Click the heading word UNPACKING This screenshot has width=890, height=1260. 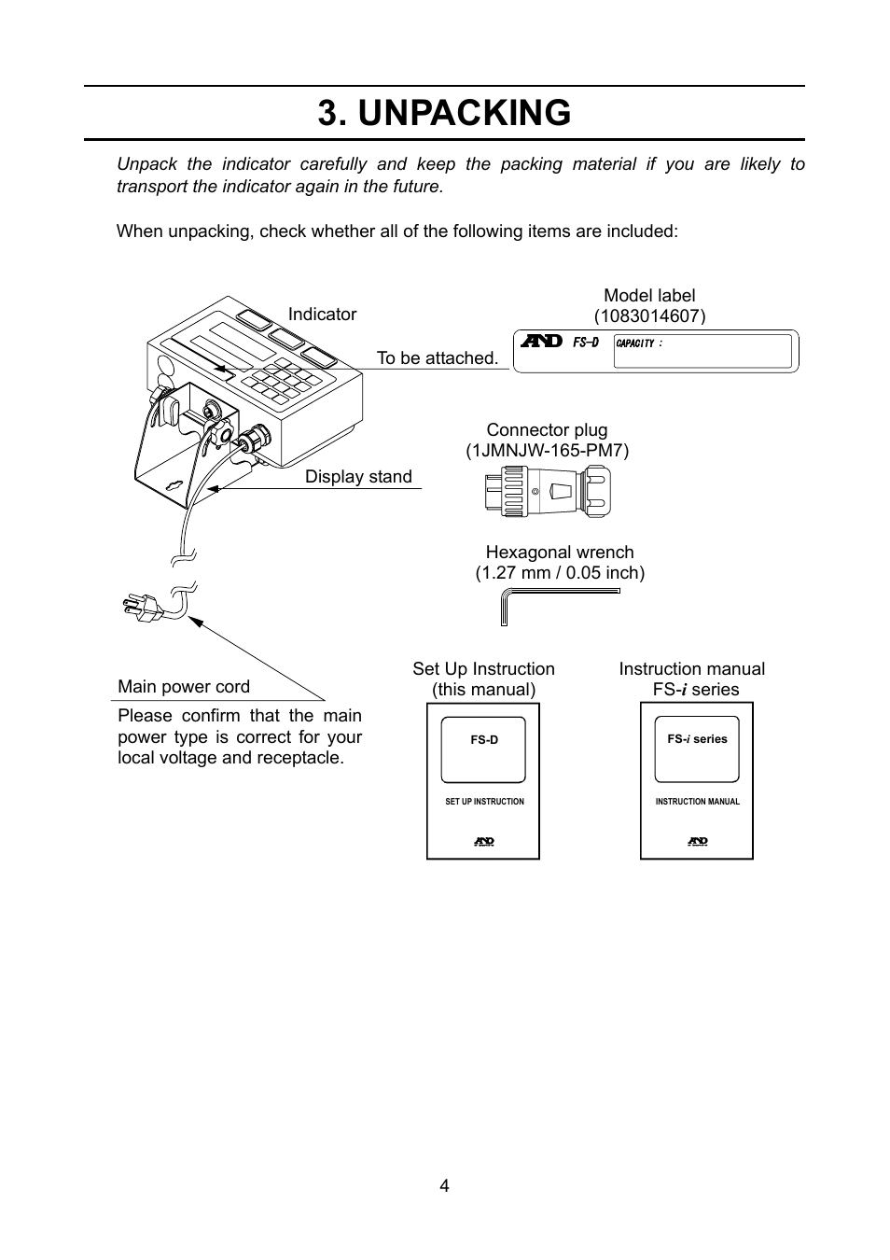[464, 113]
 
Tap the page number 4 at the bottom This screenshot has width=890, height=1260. [445, 1185]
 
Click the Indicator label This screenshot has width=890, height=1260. [322, 315]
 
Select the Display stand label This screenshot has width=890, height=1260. [358, 477]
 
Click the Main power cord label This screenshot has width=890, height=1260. [184, 687]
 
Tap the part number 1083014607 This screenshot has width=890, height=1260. [649, 316]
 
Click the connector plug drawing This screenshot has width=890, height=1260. [548, 491]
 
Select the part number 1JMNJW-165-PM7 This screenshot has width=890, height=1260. [548, 451]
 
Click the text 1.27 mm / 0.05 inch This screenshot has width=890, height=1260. [560, 573]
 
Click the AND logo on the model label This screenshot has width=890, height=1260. [541, 343]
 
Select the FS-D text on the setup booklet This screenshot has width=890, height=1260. [484, 740]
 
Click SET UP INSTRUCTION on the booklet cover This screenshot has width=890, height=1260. [484, 802]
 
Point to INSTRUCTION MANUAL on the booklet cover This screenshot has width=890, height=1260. [697, 802]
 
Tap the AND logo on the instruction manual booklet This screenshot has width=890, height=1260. [697, 841]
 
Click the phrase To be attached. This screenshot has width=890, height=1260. [437, 358]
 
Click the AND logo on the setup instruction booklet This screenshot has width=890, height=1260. [483, 841]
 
